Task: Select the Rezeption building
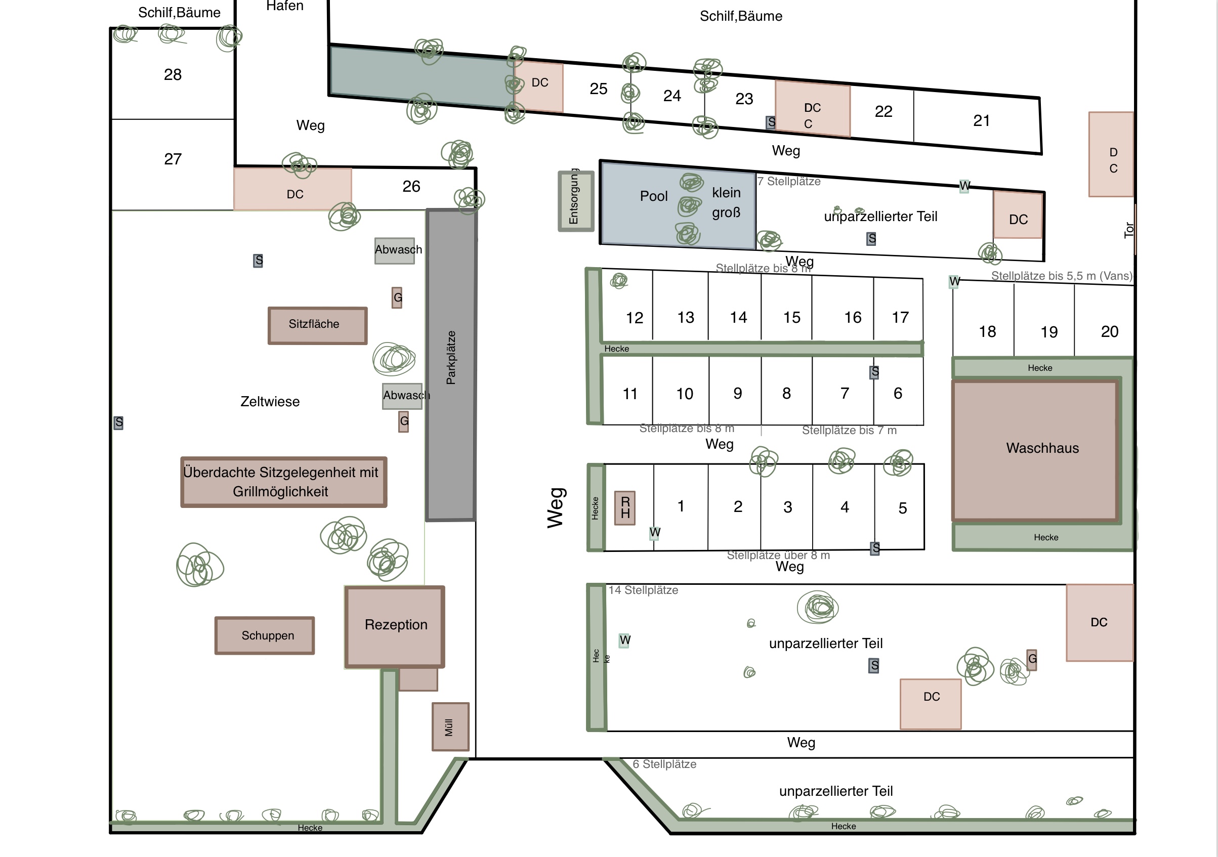pyautogui.click(x=395, y=626)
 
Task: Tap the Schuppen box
pyautogui.click(x=265, y=635)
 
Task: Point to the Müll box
pyautogui.click(x=450, y=726)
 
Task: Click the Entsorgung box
pyautogui.click(x=575, y=201)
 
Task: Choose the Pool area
pyautogui.click(x=678, y=205)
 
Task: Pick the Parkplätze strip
pyautogui.click(x=451, y=365)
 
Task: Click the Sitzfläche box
pyautogui.click(x=317, y=326)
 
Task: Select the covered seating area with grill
pyautogui.click(x=284, y=482)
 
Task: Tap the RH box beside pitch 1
pyautogui.click(x=625, y=507)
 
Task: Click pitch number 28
pyautogui.click(x=173, y=74)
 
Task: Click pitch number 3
pyautogui.click(x=787, y=507)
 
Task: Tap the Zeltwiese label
pyautogui.click(x=270, y=402)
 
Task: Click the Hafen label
pyautogui.click(x=285, y=6)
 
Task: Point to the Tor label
pyautogui.click(x=1129, y=230)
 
